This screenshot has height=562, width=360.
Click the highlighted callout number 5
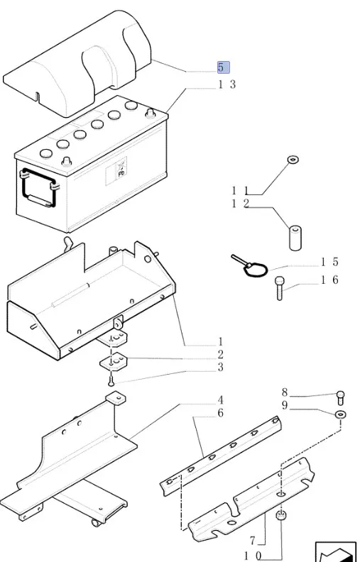pos(223,67)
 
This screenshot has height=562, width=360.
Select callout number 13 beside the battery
pos(227,84)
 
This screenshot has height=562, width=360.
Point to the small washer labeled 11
pos(293,159)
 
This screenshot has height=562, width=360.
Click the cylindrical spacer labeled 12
pos(295,238)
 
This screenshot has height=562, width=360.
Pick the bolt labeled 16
pos(280,288)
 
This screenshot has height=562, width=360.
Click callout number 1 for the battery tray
pos(221,341)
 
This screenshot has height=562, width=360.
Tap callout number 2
pos(221,355)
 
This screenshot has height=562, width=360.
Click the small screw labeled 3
pos(111,379)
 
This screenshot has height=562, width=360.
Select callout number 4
pos(220,400)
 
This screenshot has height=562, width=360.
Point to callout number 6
pos(221,413)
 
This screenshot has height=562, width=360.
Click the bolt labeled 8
pos(341,397)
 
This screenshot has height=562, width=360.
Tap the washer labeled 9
pos(341,415)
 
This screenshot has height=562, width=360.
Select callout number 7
pos(253,540)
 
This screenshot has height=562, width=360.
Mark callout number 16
pos(329,280)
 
